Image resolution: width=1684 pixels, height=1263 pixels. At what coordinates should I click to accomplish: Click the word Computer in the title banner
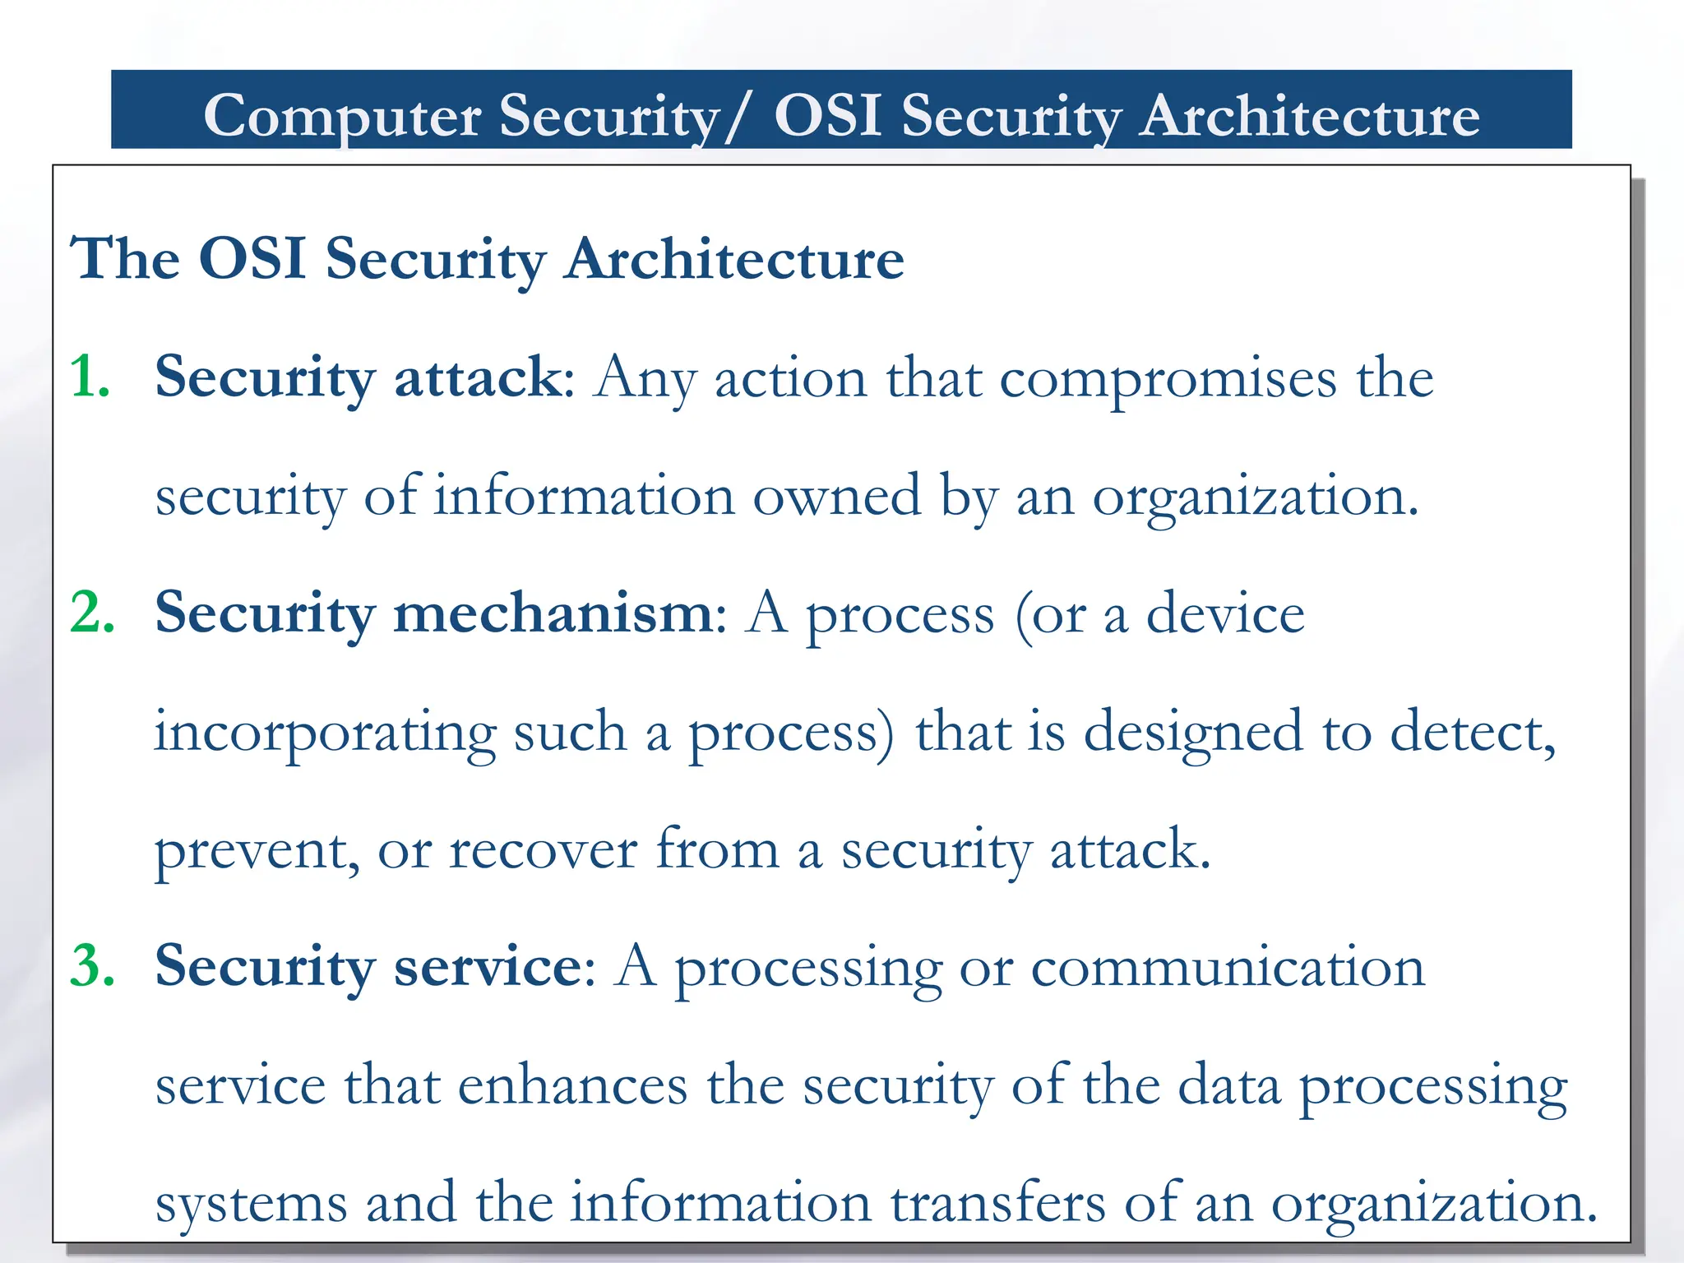point(341,116)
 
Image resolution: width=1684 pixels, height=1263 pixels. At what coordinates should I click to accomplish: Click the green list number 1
point(90,377)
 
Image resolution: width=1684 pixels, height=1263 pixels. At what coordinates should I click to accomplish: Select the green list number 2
point(92,613)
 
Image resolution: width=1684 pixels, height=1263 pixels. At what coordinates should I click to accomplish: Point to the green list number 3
point(92,966)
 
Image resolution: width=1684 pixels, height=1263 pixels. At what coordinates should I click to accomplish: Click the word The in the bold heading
point(124,259)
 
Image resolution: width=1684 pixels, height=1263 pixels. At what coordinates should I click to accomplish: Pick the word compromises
point(1168,379)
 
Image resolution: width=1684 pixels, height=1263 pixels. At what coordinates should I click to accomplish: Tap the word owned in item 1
point(836,497)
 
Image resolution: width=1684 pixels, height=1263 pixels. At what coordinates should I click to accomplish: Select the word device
point(1225,615)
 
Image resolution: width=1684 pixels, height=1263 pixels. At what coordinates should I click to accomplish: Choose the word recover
point(543,850)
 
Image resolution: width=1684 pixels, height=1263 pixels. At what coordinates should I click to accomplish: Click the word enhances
point(572,1085)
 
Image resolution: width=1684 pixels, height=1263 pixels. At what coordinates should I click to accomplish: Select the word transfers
point(998,1203)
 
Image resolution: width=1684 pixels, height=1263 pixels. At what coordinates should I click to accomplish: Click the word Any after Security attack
point(645,381)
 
